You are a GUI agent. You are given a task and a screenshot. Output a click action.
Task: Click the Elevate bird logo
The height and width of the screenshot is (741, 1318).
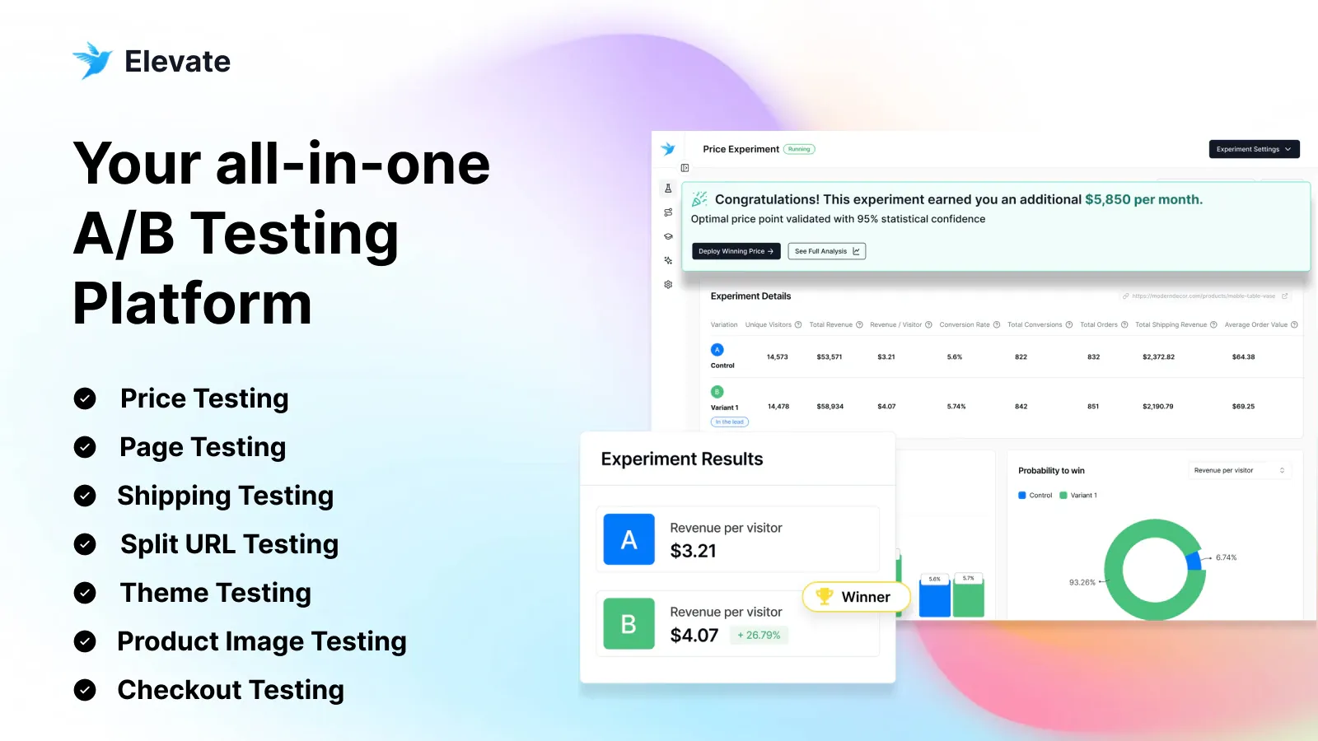91,60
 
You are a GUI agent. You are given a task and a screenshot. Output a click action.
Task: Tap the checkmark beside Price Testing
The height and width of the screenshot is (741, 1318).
85,398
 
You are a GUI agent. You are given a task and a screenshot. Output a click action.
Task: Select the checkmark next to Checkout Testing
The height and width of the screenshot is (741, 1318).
85,690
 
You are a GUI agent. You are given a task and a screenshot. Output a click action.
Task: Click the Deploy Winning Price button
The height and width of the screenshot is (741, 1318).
736,251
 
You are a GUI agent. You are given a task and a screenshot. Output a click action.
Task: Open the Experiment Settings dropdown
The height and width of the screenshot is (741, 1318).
1254,149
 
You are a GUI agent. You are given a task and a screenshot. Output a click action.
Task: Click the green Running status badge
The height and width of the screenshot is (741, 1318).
798,149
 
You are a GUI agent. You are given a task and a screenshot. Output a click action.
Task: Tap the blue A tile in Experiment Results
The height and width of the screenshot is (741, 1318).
629,539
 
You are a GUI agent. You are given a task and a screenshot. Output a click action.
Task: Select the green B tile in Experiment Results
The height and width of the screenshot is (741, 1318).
629,623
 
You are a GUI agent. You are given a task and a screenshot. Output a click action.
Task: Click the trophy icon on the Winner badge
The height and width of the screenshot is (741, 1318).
824,595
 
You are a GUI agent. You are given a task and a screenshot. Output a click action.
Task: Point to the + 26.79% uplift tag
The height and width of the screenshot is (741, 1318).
759,635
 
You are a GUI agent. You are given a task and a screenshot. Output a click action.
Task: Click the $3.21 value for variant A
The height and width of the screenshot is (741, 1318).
693,551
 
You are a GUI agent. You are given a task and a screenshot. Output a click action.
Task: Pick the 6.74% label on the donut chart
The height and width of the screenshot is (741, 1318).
1226,557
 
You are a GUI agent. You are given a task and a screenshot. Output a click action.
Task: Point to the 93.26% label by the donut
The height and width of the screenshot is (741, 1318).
1082,582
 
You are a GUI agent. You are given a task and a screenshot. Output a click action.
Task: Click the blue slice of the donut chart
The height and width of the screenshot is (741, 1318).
1194,561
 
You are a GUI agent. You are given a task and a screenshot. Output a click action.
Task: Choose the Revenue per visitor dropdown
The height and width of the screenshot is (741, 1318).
1239,470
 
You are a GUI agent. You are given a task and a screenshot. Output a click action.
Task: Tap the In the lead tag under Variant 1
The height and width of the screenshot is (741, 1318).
729,422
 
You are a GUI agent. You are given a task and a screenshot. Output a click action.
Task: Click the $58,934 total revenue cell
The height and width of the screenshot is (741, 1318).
830,406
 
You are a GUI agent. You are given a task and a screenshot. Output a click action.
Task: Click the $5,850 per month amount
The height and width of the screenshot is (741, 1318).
1143,199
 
